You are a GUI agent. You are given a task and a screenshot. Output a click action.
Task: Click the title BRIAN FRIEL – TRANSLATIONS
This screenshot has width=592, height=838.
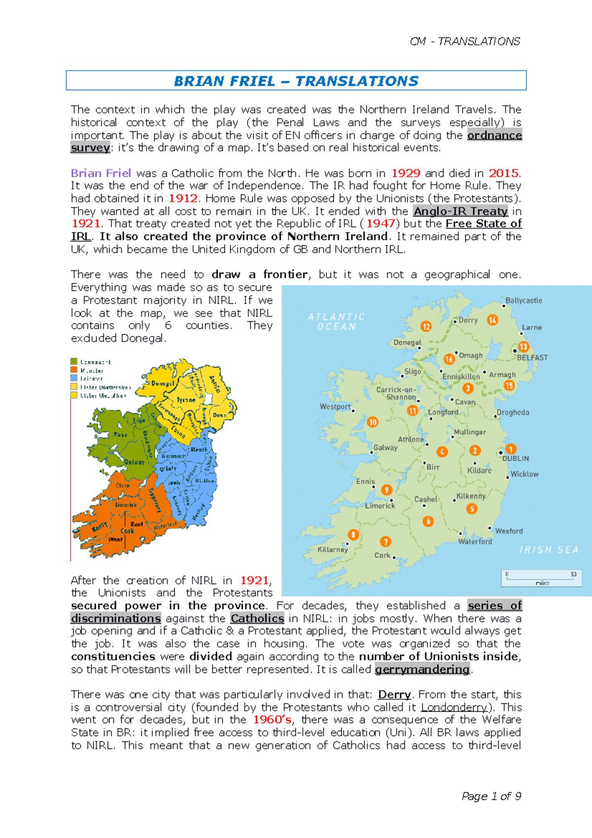point(296,81)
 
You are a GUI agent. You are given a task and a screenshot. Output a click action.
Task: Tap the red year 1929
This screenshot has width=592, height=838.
point(406,173)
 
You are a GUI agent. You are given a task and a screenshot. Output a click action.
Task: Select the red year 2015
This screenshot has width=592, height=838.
point(503,173)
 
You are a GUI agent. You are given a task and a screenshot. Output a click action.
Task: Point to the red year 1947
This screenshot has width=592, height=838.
point(380,224)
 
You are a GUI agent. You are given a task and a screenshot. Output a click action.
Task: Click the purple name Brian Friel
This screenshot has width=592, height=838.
point(101,173)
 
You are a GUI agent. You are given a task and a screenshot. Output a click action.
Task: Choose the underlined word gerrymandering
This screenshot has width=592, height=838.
point(422,669)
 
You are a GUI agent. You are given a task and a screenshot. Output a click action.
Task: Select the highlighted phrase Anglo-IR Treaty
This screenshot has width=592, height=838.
point(460,211)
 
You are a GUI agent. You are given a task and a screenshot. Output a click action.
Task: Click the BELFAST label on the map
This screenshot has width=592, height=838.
point(532,357)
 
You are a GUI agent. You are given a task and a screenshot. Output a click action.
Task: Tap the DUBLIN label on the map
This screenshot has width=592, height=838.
point(516,458)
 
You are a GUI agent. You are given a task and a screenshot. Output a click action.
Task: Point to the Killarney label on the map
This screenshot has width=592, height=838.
point(333,549)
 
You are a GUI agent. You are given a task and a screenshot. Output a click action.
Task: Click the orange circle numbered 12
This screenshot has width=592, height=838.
point(426,326)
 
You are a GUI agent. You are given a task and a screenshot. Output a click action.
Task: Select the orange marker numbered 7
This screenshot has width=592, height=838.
point(385,541)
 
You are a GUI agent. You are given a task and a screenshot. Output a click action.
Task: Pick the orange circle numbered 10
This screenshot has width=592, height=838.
point(372,422)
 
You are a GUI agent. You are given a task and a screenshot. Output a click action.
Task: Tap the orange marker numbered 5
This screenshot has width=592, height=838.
point(472,509)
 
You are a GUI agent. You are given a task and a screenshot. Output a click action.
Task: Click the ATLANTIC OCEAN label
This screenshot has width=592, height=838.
point(336,321)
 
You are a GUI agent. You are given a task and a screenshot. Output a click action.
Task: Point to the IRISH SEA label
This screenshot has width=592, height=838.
point(549,550)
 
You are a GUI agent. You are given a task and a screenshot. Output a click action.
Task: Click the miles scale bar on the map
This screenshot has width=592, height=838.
point(541,578)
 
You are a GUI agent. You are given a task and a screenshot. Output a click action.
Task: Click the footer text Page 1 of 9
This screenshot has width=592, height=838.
point(491,796)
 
